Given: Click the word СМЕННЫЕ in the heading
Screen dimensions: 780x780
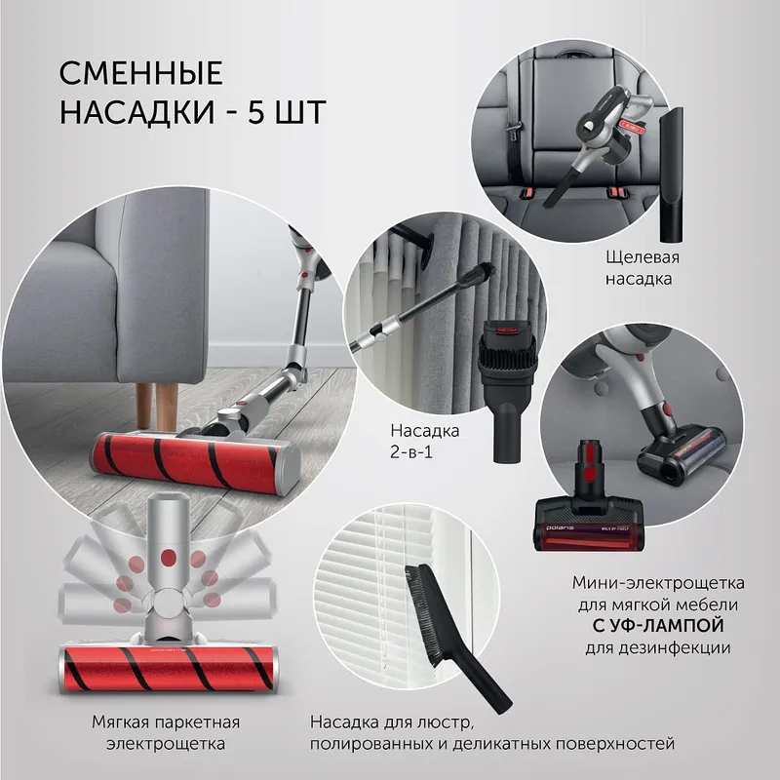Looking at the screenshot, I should point(141,74).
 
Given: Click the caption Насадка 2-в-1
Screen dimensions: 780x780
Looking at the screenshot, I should point(424,440).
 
